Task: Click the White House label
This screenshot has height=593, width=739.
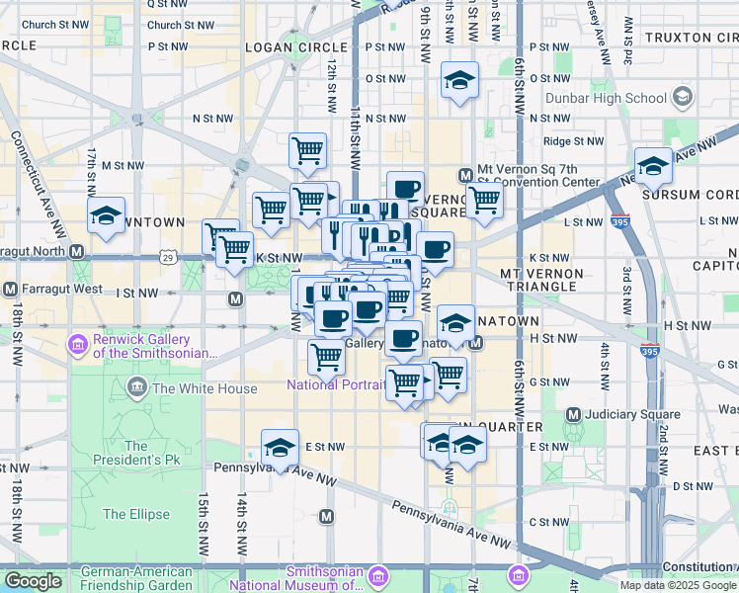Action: [204, 388]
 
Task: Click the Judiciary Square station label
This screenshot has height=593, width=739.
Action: [633, 414]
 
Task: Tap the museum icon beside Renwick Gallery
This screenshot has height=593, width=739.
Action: [77, 345]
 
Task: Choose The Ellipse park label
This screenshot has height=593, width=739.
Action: [135, 514]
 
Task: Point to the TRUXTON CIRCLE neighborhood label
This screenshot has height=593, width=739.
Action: [691, 38]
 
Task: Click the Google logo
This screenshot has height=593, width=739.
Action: [33, 581]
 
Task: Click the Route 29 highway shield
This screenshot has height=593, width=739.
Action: [169, 258]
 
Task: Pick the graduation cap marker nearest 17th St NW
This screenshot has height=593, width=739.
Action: [106, 217]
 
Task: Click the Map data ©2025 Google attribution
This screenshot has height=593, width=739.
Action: [678, 585]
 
